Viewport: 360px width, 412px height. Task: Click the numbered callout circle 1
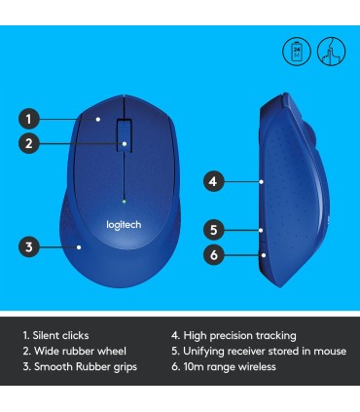pyautogui.click(x=29, y=120)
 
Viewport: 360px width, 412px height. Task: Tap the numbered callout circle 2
pyautogui.click(x=29, y=144)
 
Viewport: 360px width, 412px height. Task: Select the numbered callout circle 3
pyautogui.click(x=29, y=247)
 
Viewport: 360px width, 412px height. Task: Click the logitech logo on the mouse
pyautogui.click(x=124, y=225)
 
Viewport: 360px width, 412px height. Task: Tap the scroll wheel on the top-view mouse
pyautogui.click(x=126, y=135)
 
